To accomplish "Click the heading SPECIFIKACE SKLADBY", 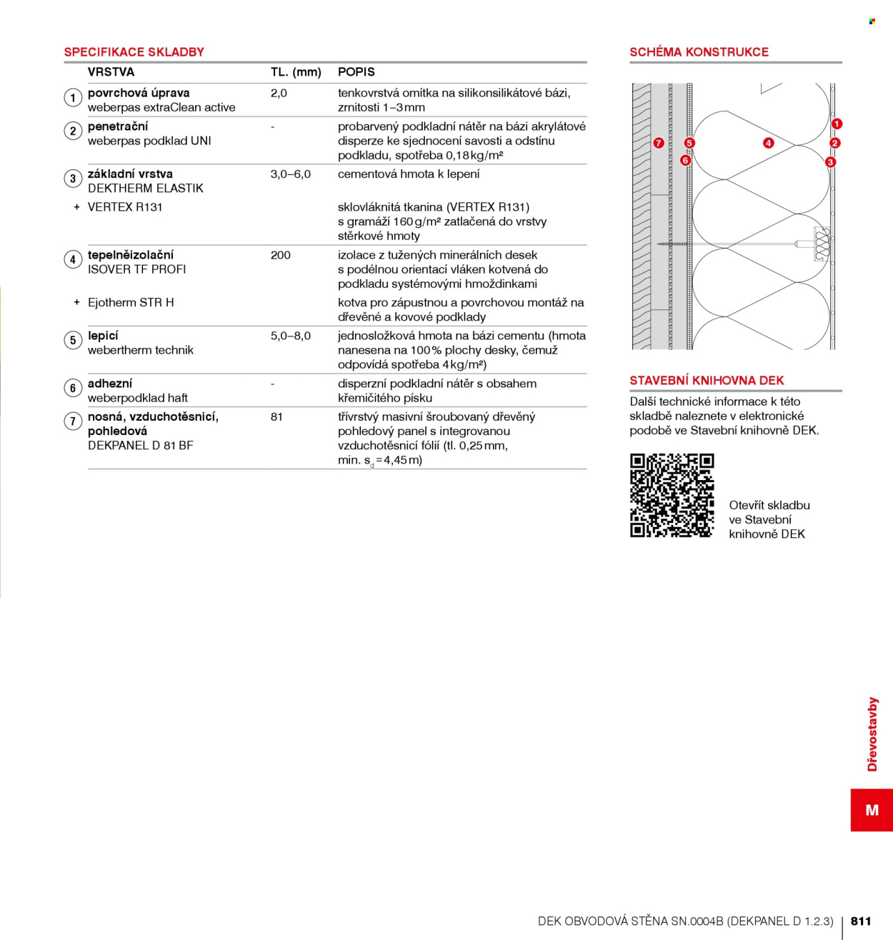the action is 134,52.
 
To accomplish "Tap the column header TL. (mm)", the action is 296,72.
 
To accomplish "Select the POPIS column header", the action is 356,72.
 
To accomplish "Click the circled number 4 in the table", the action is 73,259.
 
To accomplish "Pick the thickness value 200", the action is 280,255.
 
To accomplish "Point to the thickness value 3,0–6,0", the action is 290,174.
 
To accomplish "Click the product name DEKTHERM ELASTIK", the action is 146,189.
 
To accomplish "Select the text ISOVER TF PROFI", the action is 136,270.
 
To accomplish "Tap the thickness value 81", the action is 276,417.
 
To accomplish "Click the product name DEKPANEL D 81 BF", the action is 141,446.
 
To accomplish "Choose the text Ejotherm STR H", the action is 131,303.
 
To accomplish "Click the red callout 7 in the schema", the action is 659,143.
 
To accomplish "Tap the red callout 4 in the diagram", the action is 768,143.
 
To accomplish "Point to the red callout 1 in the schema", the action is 837,124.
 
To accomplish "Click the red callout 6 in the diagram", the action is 685,160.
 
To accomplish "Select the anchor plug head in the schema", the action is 822,244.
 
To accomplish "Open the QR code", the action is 672,495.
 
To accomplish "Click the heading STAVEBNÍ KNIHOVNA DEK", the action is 707,381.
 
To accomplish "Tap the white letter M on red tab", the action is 872,810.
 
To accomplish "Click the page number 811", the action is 861,921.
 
